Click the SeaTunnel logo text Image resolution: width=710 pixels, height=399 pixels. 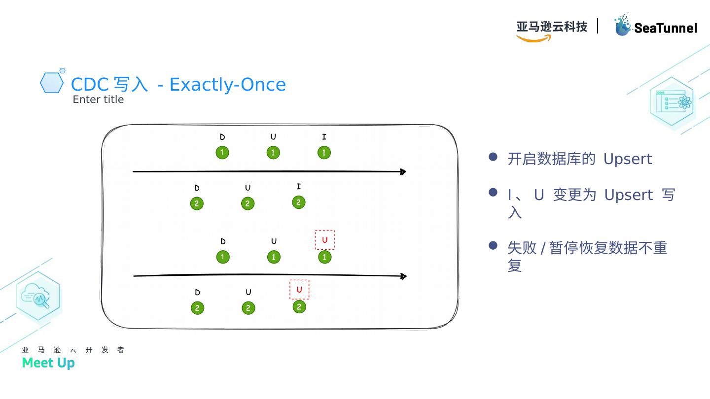pyautogui.click(x=665, y=28)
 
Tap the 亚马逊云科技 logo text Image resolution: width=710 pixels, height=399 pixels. pyautogui.click(x=552, y=26)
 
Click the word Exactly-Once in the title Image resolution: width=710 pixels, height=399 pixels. pyautogui.click(x=227, y=85)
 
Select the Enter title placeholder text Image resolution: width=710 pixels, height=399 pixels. pyautogui.click(x=98, y=100)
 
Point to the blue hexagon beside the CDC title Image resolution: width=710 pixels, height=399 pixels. pyautogui.click(x=51, y=83)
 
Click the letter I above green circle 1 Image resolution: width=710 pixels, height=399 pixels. pyautogui.click(x=324, y=137)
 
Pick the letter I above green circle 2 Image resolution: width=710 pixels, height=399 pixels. pyautogui.click(x=298, y=187)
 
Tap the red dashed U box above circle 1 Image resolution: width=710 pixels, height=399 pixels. pyautogui.click(x=324, y=240)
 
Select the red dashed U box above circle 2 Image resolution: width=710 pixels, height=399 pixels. pyautogui.click(x=299, y=290)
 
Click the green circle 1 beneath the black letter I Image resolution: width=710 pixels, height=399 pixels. pyautogui.click(x=324, y=153)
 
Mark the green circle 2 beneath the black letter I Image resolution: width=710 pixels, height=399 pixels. pyautogui.click(x=298, y=202)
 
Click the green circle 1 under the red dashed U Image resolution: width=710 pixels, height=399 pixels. pyautogui.click(x=324, y=257)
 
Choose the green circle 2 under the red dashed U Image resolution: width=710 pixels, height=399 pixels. pyautogui.click(x=299, y=307)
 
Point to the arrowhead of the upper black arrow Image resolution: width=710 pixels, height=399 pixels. pyautogui.click(x=403, y=172)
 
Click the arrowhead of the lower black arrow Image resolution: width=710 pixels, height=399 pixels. pyautogui.click(x=403, y=276)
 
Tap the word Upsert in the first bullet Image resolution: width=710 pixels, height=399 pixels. pyautogui.click(x=627, y=159)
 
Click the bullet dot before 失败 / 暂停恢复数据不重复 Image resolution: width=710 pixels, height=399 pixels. pyautogui.click(x=493, y=245)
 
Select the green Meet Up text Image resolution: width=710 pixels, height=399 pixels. pyautogui.click(x=48, y=363)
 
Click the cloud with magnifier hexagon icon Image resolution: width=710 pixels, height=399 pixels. pyautogui.click(x=38, y=296)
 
